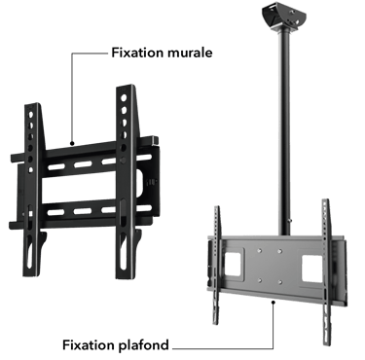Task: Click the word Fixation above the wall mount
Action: pos(137,53)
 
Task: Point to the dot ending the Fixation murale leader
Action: pos(72,143)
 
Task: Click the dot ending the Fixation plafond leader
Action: pos(274,303)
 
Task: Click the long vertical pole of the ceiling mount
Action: pos(284,129)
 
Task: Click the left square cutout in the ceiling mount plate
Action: pos(232,265)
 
